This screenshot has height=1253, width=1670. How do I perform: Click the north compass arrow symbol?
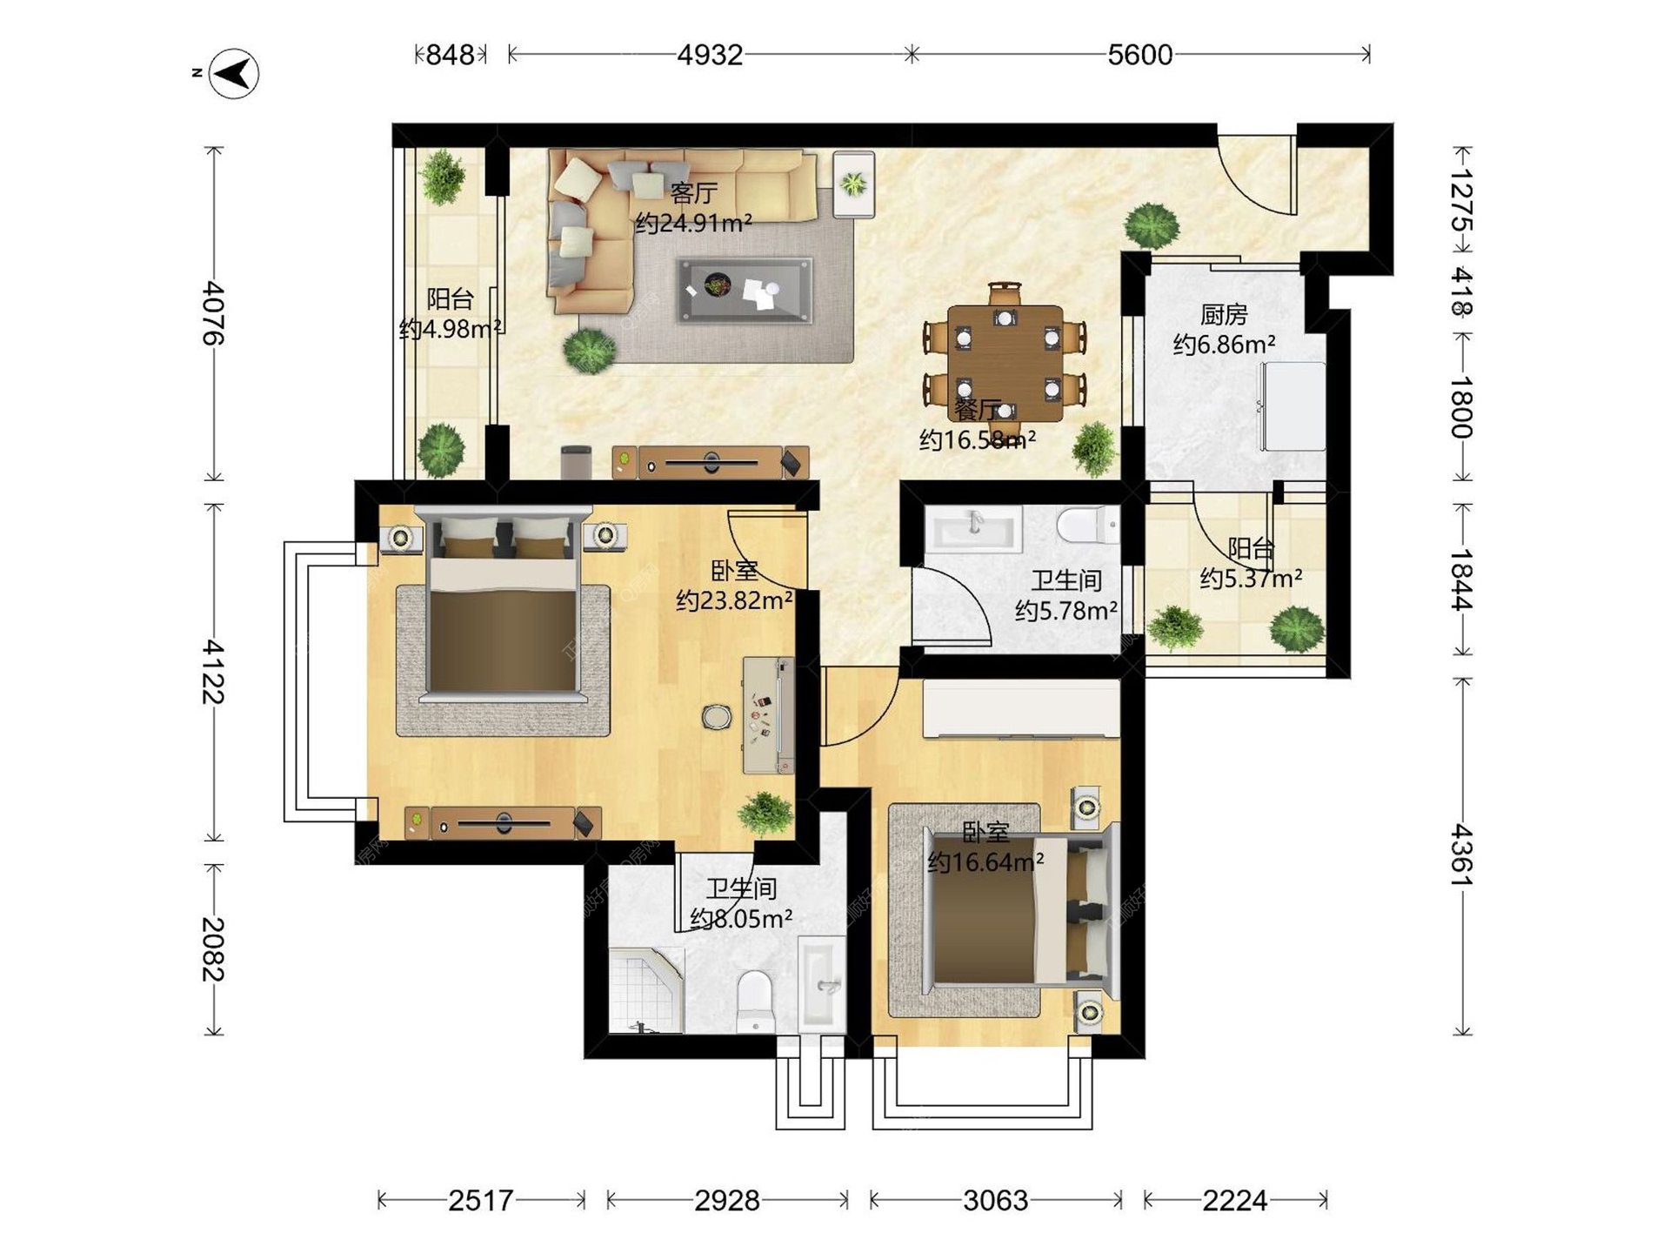coord(236,74)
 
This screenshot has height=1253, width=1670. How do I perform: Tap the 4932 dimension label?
coord(710,55)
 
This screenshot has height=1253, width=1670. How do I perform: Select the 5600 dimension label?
coord(1139,55)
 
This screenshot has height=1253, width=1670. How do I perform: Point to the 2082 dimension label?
coord(213,948)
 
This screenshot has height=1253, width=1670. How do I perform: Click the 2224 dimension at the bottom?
coord(1234,1201)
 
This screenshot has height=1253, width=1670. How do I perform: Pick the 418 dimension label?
coord(1462,291)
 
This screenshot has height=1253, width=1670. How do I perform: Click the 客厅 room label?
coord(693,192)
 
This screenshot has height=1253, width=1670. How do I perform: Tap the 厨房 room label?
coord(1224,314)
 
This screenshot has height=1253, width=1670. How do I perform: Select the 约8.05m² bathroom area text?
coord(741,919)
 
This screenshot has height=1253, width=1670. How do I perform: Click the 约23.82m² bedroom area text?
coord(734,600)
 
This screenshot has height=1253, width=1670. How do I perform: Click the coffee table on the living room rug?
coord(745,290)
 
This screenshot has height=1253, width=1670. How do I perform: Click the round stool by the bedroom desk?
coord(716,716)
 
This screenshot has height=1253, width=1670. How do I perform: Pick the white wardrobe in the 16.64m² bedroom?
coord(1021,709)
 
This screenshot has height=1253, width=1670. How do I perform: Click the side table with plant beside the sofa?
coord(853,184)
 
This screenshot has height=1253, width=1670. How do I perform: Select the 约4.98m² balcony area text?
coord(450,329)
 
